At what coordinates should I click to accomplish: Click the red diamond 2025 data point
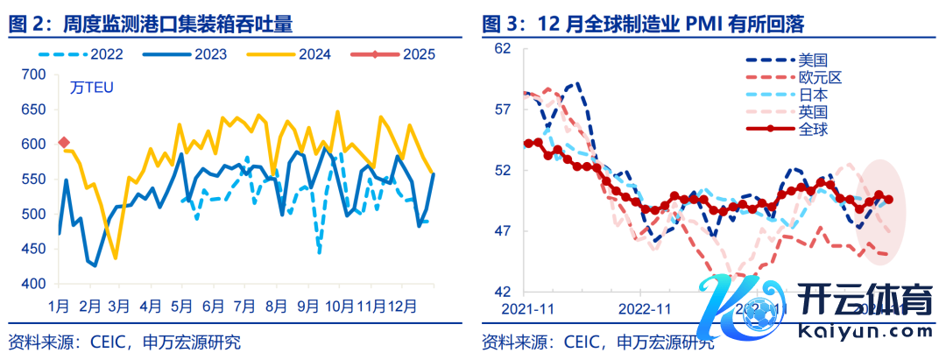63,142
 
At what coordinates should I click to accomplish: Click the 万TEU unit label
92,88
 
